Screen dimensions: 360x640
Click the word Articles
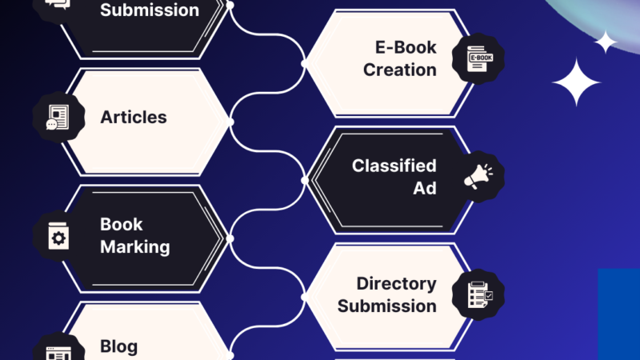134,117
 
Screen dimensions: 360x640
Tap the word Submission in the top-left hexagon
150,10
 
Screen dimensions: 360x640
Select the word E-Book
406,47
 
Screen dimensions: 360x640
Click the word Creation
400,70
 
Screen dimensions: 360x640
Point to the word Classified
394,166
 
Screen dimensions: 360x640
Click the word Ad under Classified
425,189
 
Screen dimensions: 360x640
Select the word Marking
135,246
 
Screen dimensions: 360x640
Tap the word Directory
397,283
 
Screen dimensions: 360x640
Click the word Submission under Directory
387,306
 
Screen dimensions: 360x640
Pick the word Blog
119,346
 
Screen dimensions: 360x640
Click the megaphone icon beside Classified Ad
478,176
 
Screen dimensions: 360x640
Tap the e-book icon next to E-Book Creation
479,59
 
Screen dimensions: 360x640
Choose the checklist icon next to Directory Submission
478,294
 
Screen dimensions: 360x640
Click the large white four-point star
576,82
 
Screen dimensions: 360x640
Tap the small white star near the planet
606,42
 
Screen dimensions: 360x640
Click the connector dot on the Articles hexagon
230,122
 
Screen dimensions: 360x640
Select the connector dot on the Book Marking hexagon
230,238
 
